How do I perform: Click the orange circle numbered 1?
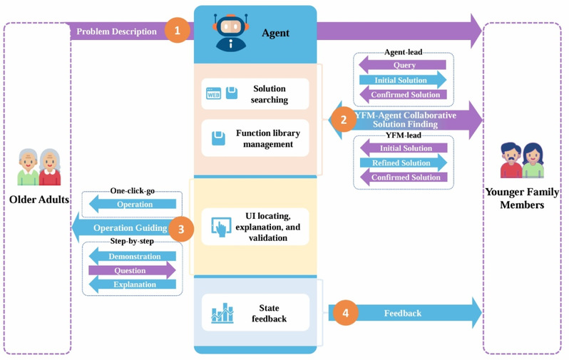pos(177,31)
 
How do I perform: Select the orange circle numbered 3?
pos(181,229)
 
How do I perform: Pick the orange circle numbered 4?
pos(345,313)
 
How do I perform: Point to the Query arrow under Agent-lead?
pos(404,65)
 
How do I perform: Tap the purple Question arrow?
pos(131,270)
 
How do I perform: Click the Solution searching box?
pos(255,94)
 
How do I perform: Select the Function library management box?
pos(255,138)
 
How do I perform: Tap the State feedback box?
pos(255,313)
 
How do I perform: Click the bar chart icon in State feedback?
pos(222,313)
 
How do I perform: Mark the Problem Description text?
pos(116,31)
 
